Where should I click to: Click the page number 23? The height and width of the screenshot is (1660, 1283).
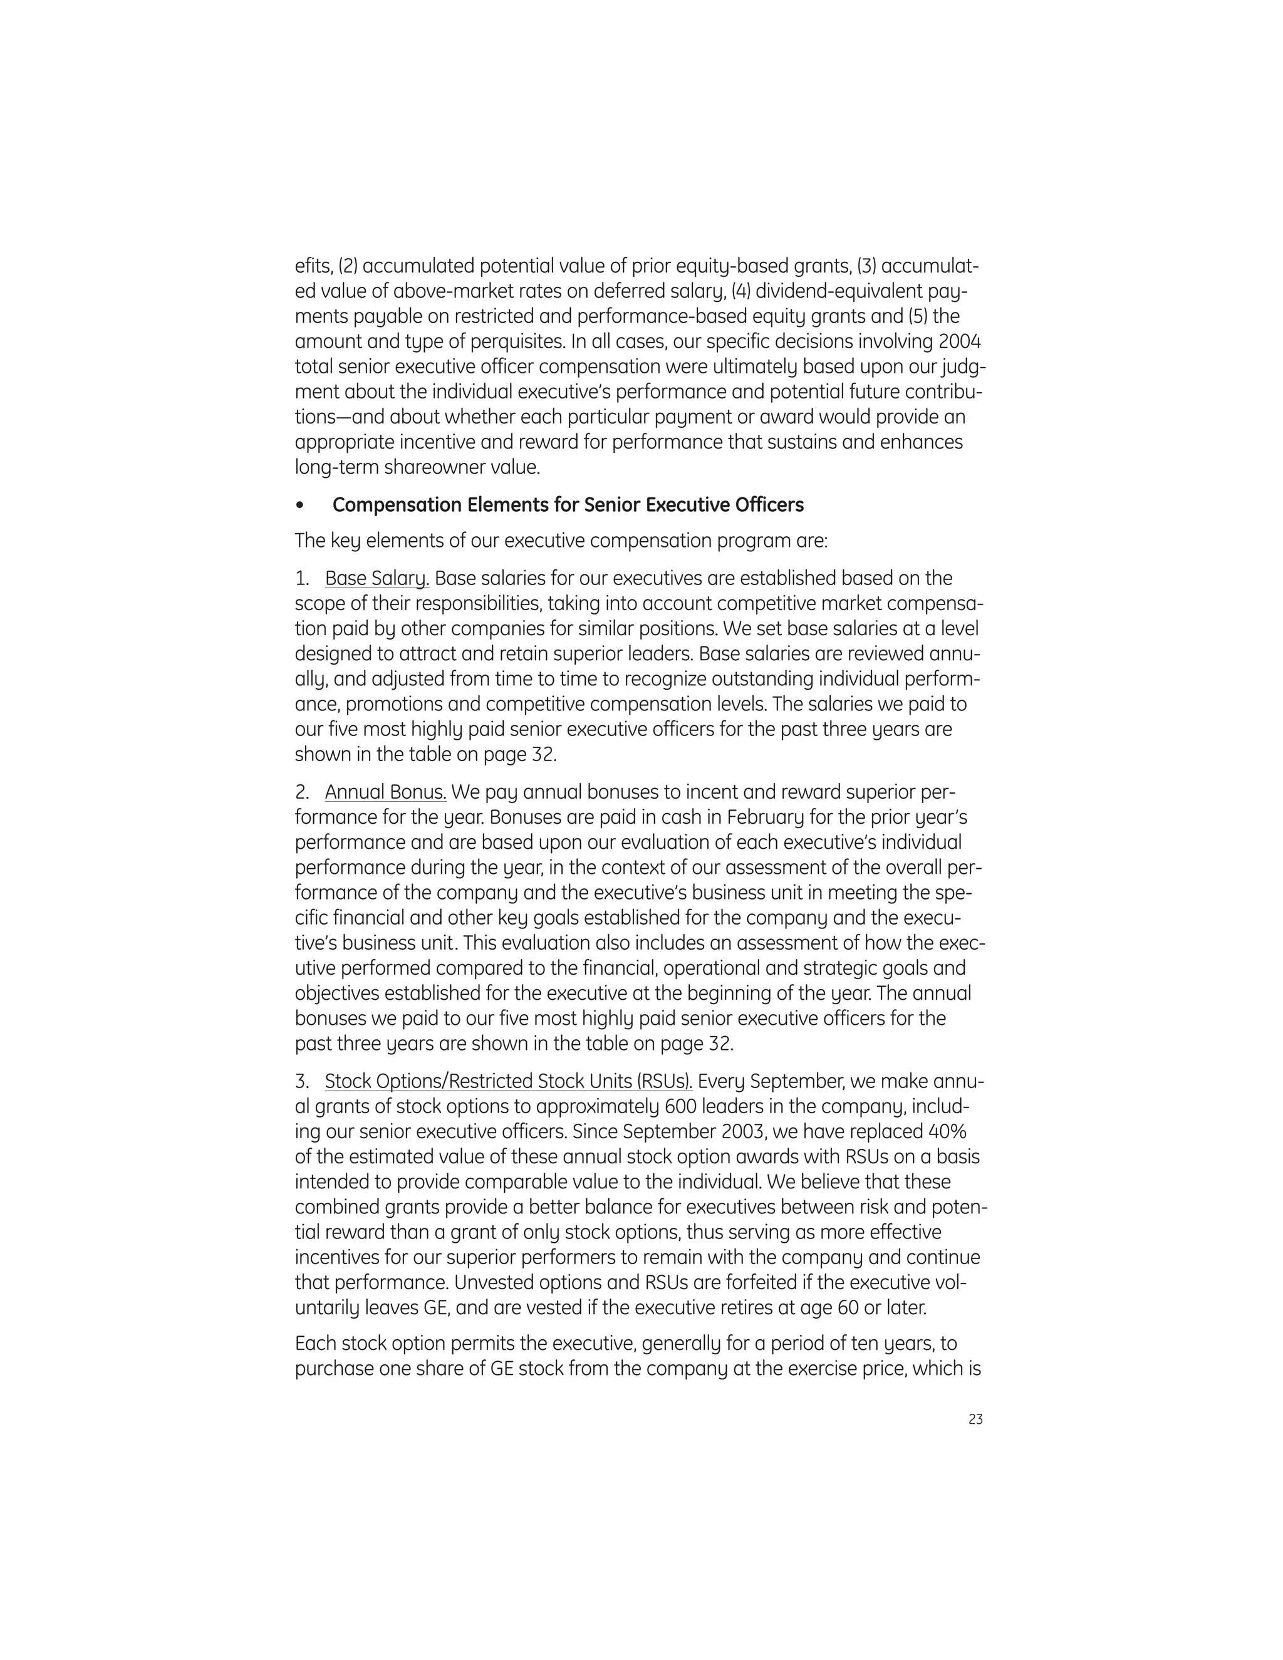pyautogui.click(x=976, y=1419)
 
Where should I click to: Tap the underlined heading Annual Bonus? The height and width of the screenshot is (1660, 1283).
pyautogui.click(x=385, y=793)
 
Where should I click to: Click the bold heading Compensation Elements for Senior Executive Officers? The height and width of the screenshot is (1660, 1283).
pyautogui.click(x=568, y=506)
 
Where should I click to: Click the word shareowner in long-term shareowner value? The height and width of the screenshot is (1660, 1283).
pyautogui.click(x=434, y=467)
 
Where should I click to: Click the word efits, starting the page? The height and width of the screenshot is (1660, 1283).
pyautogui.click(x=313, y=266)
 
